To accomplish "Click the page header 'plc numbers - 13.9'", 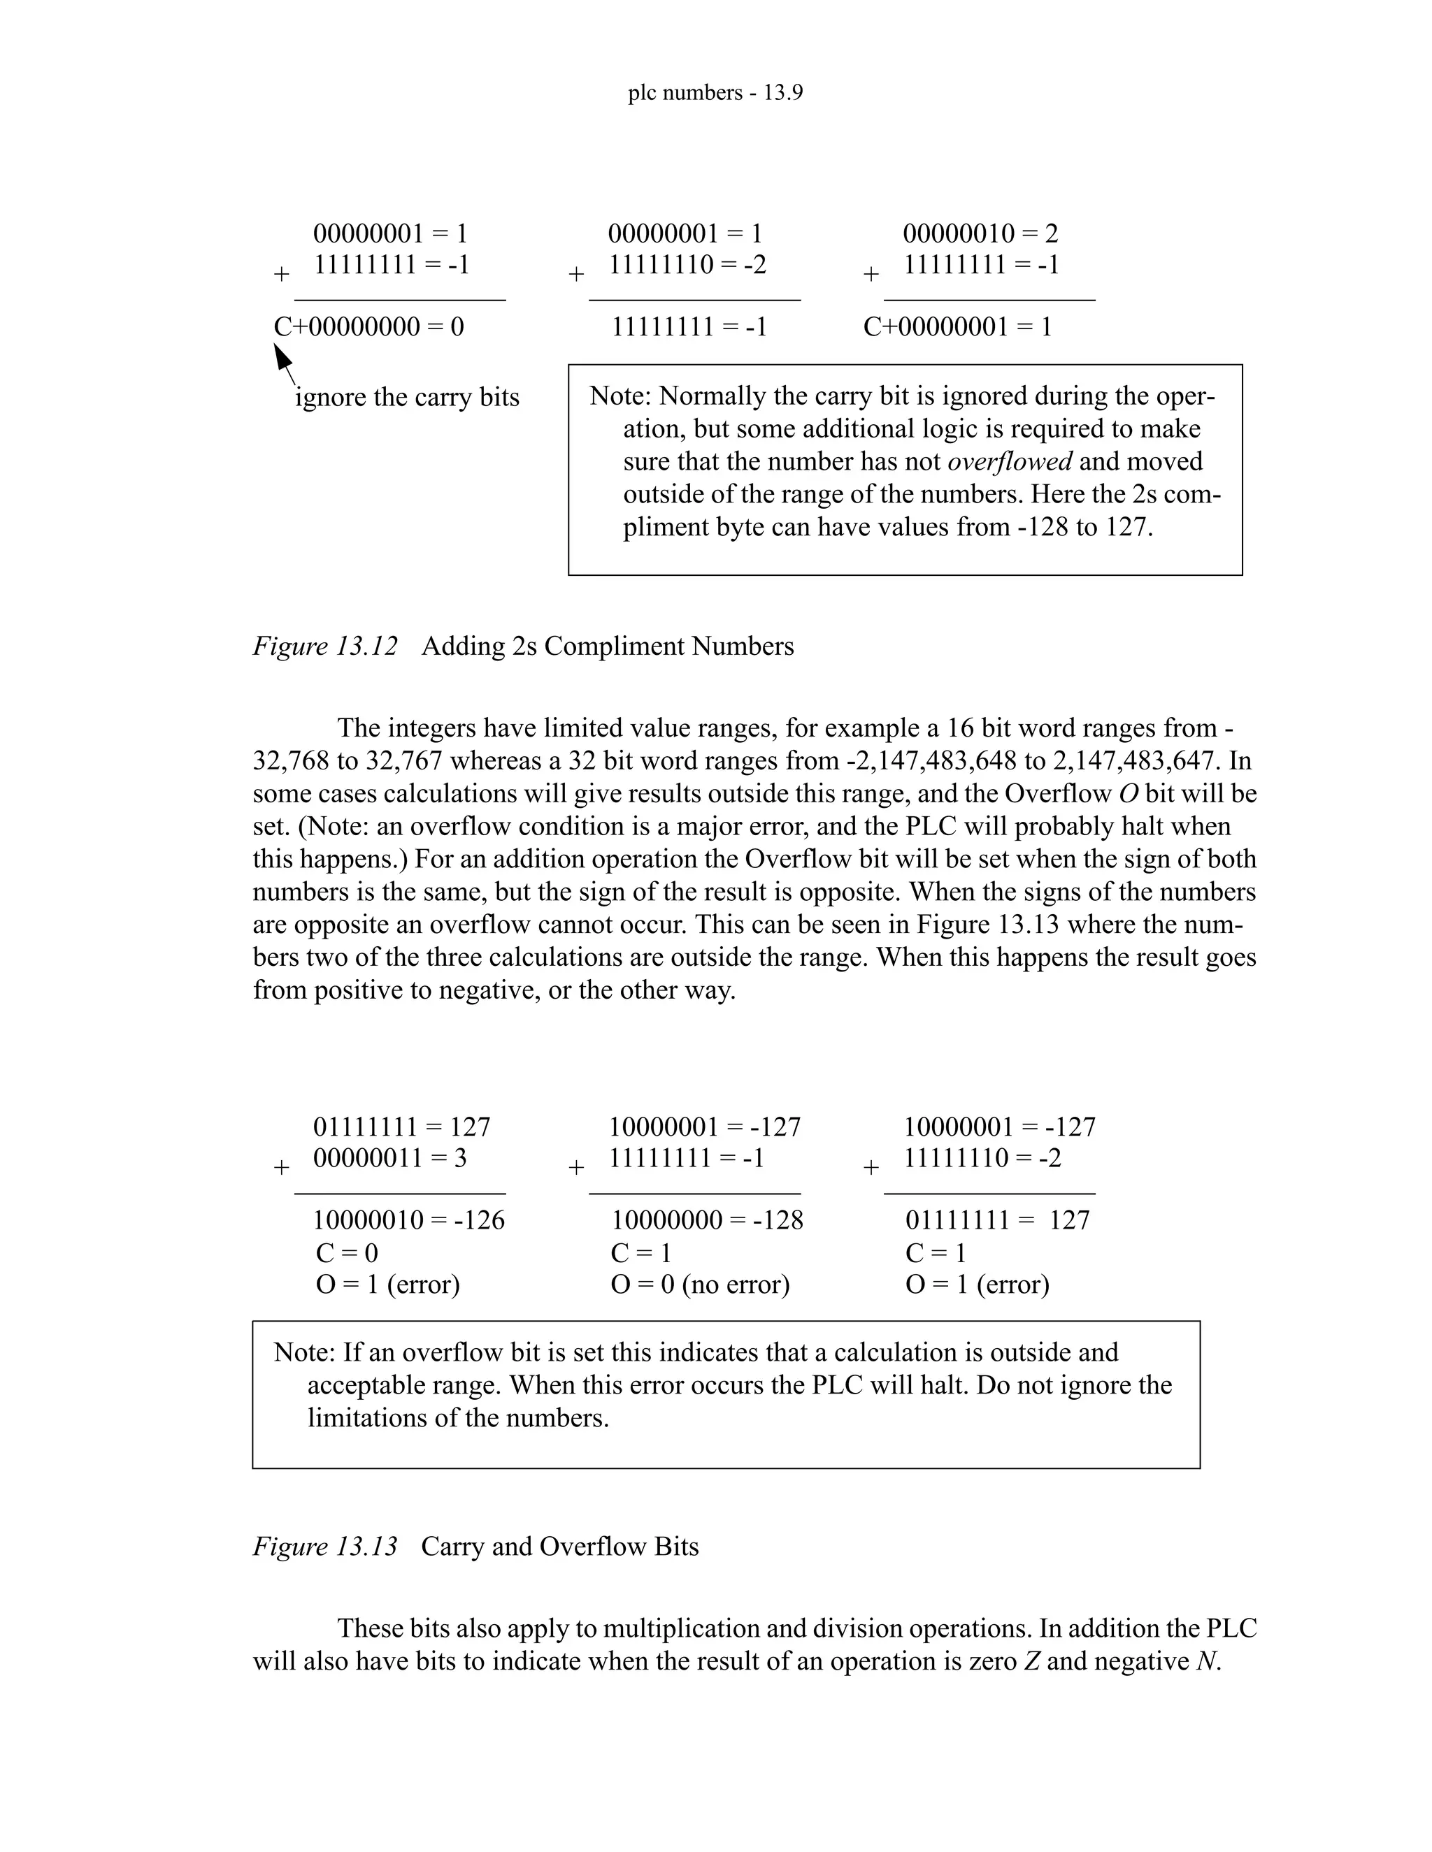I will pos(715,92).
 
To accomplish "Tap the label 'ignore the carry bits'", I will pos(406,397).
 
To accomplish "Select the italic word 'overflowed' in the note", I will pos(1010,461).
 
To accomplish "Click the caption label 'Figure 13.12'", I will pos(325,646).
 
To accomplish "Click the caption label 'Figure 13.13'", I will pos(325,1546).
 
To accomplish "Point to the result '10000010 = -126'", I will pos(408,1220).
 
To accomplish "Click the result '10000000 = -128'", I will pos(707,1220).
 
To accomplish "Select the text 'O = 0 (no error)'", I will pos(700,1285).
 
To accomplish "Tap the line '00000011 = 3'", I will pos(389,1158).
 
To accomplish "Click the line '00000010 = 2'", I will pos(980,233).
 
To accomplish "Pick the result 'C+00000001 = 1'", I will pos(957,326).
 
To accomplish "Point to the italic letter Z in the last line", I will pos(1031,1661).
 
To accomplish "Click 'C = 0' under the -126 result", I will pos(346,1253).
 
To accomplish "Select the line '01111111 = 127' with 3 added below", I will pos(401,1127).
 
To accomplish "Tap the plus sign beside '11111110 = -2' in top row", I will pos(576,275).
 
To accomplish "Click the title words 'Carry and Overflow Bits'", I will pos(560,1546).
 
